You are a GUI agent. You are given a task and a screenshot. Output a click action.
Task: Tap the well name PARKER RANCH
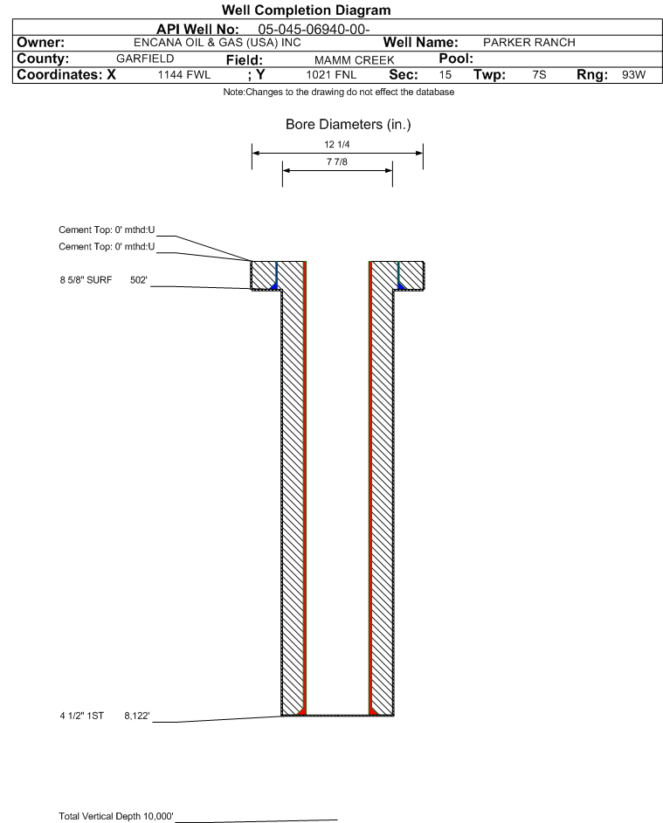click(x=522, y=43)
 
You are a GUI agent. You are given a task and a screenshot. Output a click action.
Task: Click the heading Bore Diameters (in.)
click(x=348, y=125)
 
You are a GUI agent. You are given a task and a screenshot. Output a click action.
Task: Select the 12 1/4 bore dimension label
click(x=337, y=144)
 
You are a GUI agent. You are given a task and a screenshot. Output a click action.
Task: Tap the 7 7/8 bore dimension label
click(x=337, y=161)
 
